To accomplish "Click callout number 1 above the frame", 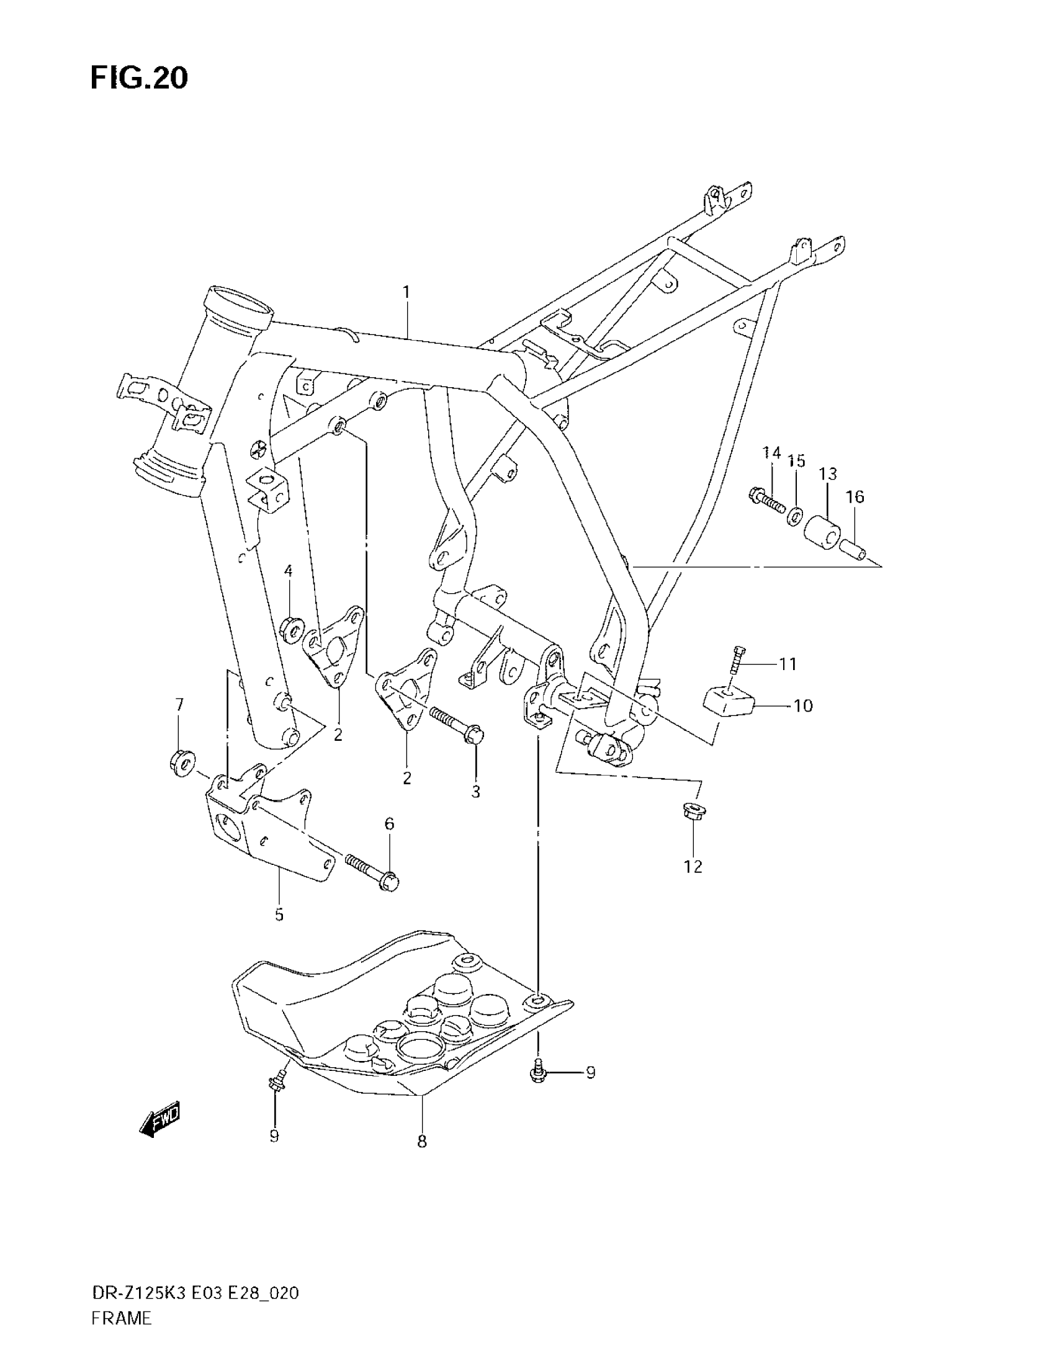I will pos(406,292).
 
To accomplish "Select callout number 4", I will pos(288,571).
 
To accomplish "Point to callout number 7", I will pos(179,705).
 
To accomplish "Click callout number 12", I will pos(693,866).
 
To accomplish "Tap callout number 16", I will pos(855,497).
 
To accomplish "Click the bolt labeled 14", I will pos(766,499).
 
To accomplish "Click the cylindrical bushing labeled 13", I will pos(821,530).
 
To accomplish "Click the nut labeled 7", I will pos(182,763).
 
